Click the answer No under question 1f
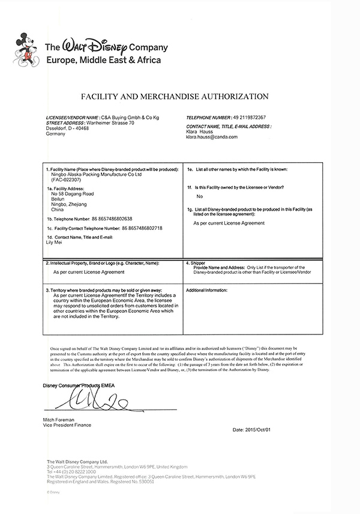point(200,196)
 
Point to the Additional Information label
point(206,290)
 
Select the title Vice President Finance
point(67,426)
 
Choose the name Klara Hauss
point(202,132)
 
